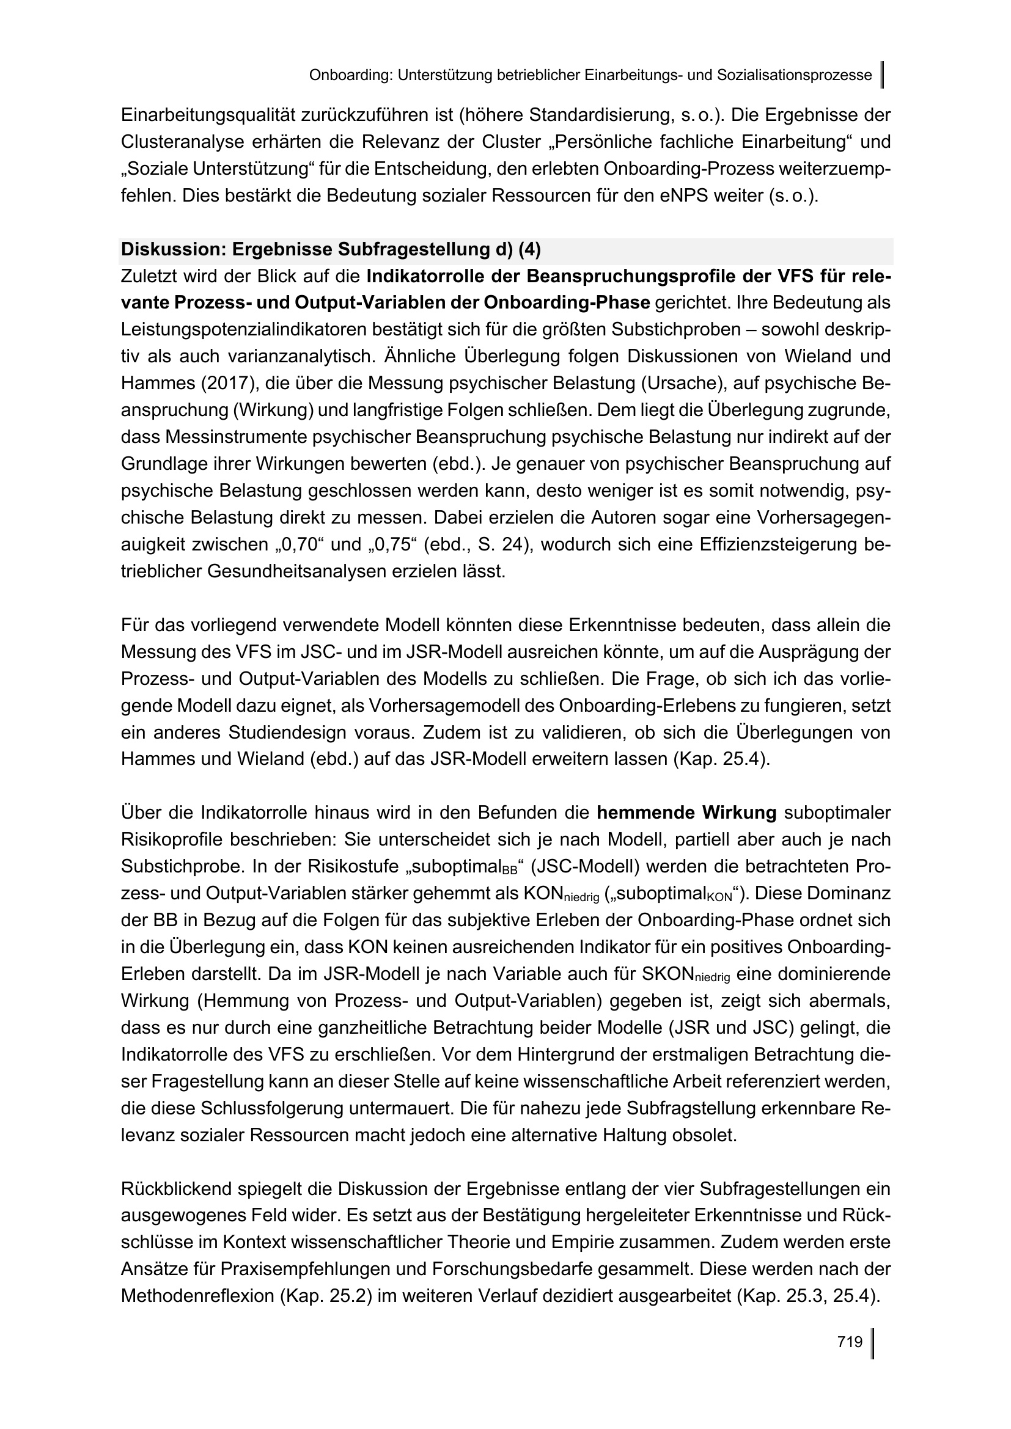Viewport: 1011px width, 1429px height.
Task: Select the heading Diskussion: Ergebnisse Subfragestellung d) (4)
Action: pos(331,250)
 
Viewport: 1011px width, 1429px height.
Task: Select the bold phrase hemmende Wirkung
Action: pos(686,813)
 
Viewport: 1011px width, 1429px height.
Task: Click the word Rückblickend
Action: pos(176,1189)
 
